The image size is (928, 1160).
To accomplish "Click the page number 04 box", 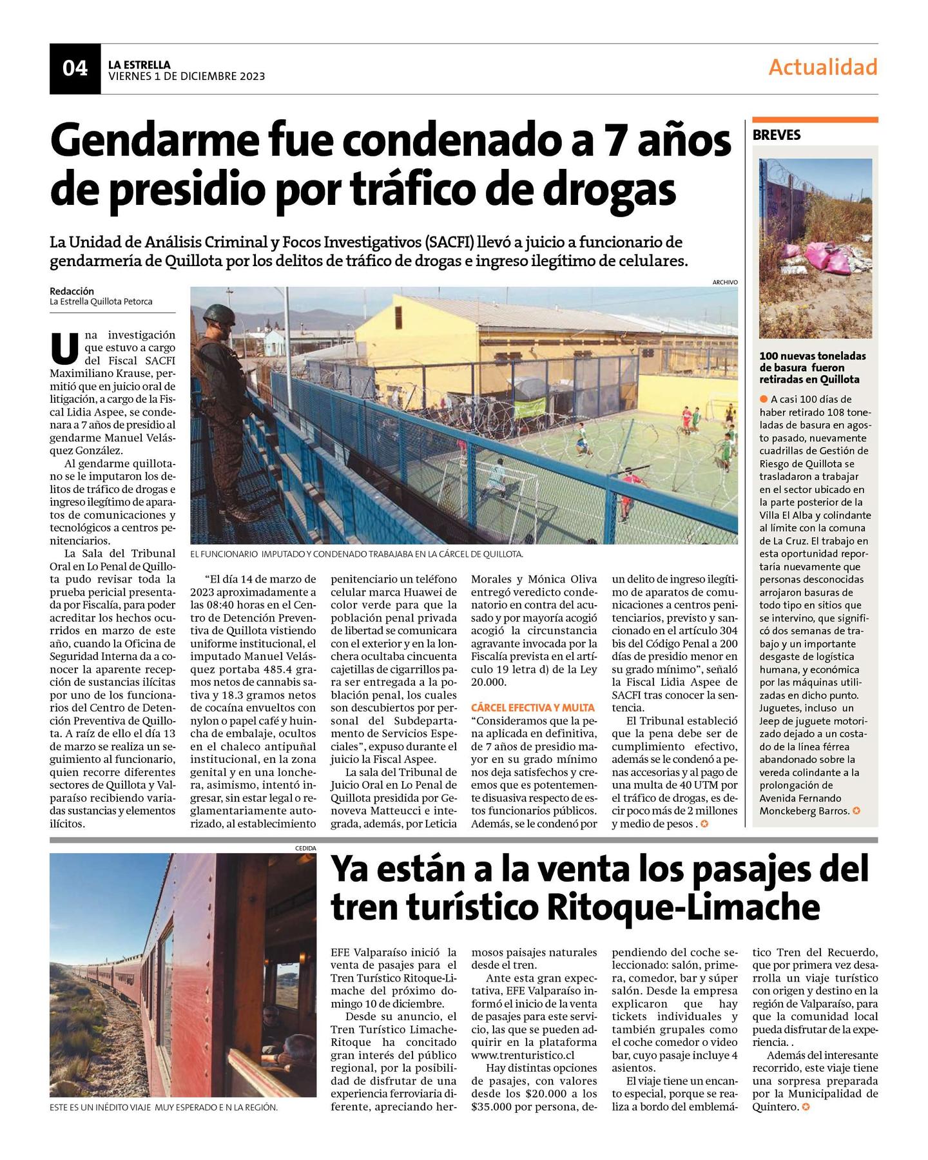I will (x=75, y=68).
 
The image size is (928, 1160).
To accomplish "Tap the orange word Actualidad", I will (x=822, y=67).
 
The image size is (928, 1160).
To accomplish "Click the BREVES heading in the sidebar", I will (x=777, y=135).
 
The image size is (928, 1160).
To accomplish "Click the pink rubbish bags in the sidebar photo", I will (x=808, y=258).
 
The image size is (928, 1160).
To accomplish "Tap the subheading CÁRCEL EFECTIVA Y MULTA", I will (x=524, y=708).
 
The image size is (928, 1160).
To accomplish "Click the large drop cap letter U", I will (x=64, y=349).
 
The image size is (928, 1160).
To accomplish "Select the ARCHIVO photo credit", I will (x=724, y=282).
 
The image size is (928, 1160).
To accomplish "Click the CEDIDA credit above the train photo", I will (x=305, y=848).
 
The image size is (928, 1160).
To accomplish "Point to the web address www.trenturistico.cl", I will (x=523, y=1056).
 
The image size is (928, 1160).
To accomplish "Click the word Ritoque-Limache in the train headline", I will (x=682, y=907).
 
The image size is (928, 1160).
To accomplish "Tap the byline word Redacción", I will (x=72, y=291).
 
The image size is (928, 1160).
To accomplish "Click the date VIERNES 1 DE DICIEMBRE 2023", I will (x=186, y=76).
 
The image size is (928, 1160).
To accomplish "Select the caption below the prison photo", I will (x=356, y=554).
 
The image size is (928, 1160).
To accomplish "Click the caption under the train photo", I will (x=164, y=1107).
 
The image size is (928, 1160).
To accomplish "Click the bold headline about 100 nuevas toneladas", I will (x=812, y=367).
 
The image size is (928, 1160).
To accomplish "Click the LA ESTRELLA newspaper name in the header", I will (x=139, y=64).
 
